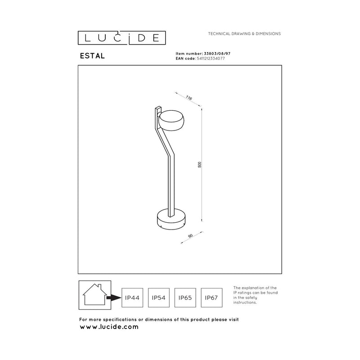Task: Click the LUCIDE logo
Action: point(121,38)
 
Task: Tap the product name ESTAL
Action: point(92,56)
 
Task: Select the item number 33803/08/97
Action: point(217,54)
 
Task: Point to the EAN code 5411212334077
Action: point(211,58)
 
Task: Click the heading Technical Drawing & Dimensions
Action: point(244,33)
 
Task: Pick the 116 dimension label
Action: point(189,98)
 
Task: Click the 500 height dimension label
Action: point(199,164)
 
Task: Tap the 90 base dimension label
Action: point(190,236)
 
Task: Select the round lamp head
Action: point(171,121)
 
